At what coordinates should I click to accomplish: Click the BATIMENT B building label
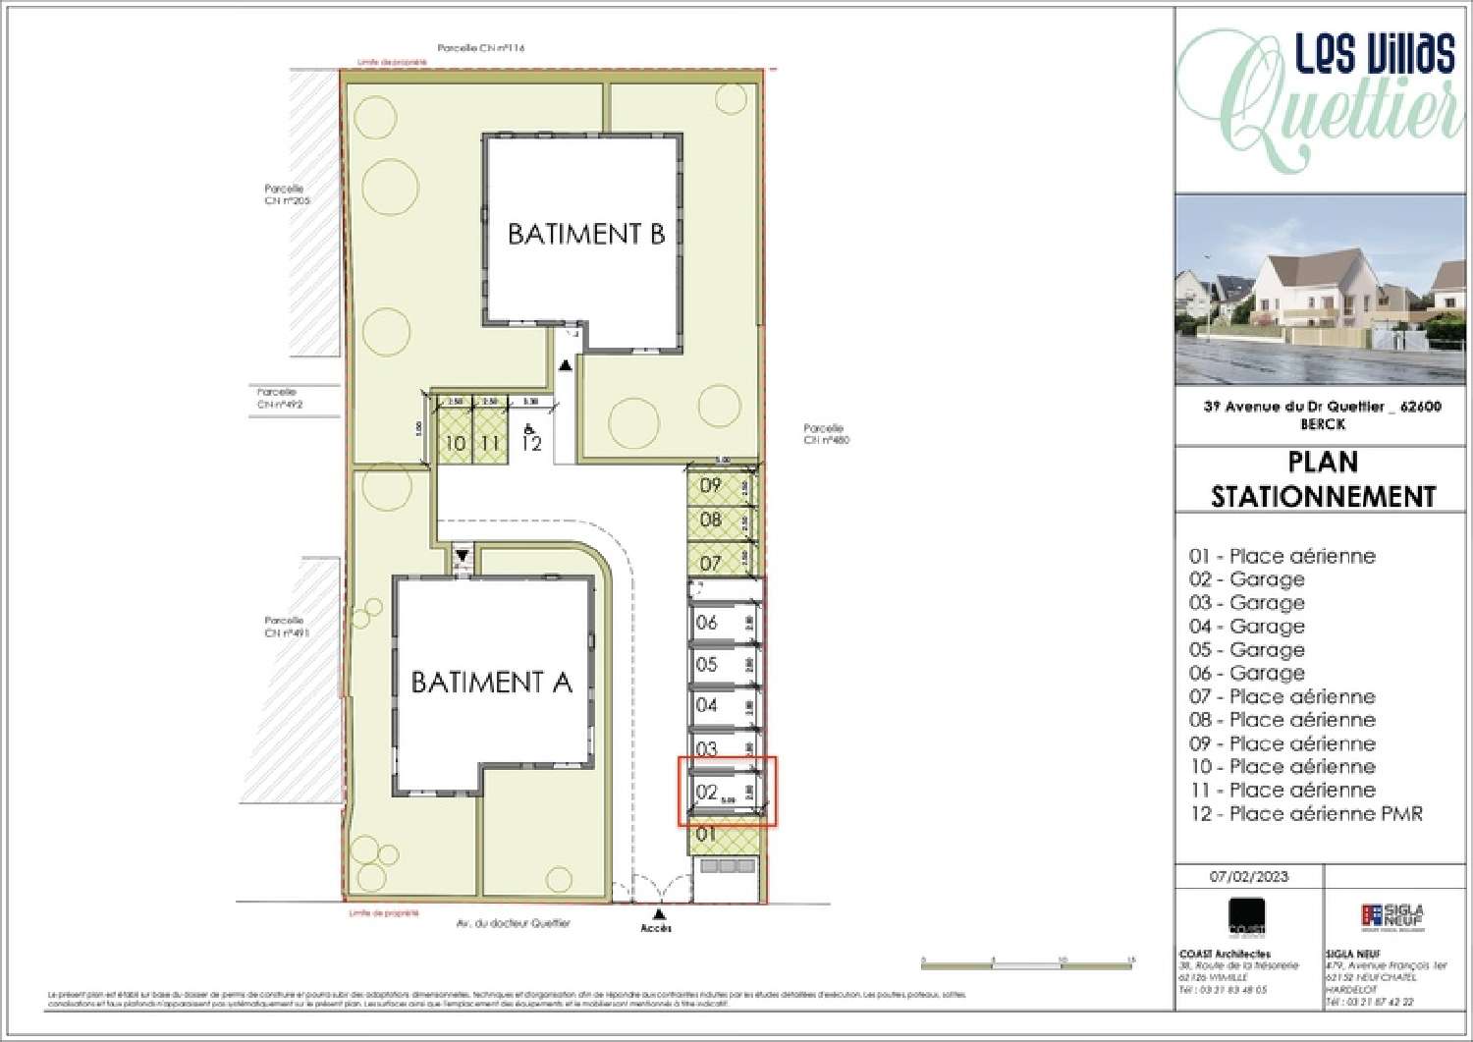585,234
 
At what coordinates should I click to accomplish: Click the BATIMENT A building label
491,682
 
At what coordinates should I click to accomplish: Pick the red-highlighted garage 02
727,792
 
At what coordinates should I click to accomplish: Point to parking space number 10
455,444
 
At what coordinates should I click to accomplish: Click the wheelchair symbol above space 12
529,428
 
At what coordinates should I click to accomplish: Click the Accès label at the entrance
656,927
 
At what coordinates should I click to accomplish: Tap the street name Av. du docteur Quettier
514,923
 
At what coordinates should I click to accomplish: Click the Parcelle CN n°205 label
285,194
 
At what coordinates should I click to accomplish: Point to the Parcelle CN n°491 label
285,627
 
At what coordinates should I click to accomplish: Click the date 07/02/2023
1249,876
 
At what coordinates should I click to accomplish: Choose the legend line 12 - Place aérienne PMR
1305,813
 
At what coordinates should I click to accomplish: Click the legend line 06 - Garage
1247,673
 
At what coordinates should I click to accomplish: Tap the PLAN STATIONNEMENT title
1323,479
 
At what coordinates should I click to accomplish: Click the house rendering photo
1323,290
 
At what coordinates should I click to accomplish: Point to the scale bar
1027,961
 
